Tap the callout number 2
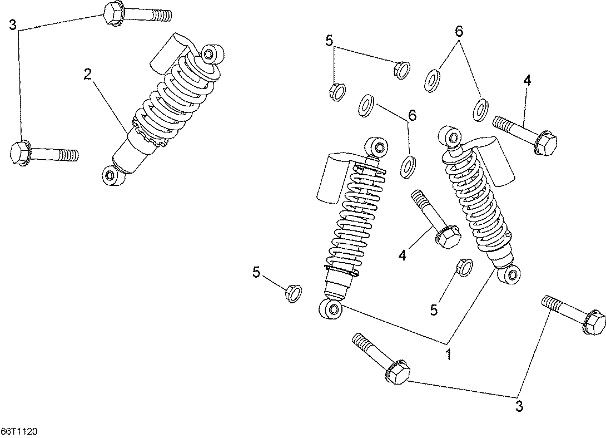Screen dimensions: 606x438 [x=88, y=74]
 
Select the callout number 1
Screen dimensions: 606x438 [x=449, y=355]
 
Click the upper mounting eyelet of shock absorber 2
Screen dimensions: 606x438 [x=211, y=53]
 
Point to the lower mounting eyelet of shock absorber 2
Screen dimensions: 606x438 [x=112, y=175]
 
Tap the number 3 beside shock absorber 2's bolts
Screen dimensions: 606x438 [x=13, y=26]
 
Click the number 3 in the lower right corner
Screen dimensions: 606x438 [x=519, y=407]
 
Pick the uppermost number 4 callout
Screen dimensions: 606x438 [x=527, y=81]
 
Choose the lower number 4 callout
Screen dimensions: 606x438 [x=403, y=255]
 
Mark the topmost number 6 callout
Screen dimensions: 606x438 [x=459, y=31]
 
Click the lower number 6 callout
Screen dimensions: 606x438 [x=413, y=115]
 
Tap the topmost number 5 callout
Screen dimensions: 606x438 [x=329, y=40]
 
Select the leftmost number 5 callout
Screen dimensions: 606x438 [x=257, y=272]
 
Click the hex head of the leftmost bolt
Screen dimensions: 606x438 [x=19, y=153]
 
